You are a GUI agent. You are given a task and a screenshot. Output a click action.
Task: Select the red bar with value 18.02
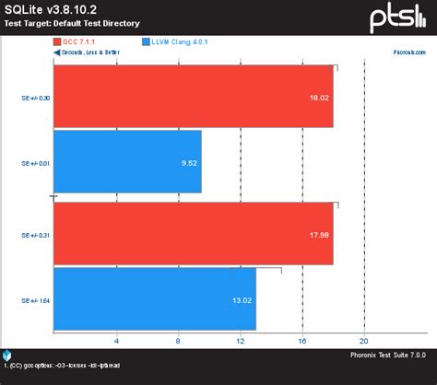point(194,97)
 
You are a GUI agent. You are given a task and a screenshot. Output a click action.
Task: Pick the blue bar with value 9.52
point(127,161)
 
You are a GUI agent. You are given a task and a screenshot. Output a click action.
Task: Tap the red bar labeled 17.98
point(194,233)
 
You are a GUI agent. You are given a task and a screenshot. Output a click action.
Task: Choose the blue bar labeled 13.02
point(155,298)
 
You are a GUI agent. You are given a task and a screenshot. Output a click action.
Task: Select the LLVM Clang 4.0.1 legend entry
point(183,41)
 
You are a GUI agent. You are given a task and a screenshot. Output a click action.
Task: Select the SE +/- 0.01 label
point(35,163)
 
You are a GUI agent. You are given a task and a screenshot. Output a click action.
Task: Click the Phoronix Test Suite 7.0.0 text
point(387,355)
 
